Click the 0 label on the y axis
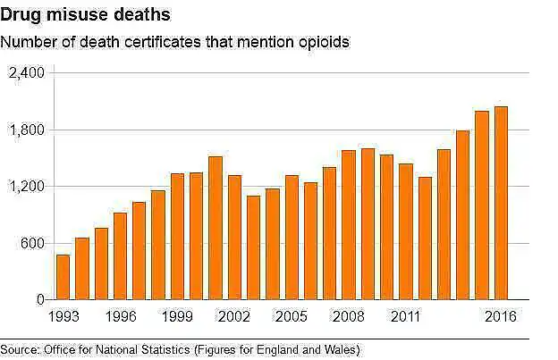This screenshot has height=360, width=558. click(39, 300)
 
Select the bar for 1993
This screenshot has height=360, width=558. click(63, 278)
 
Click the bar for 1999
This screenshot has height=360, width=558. click(177, 237)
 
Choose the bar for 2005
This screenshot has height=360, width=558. click(292, 238)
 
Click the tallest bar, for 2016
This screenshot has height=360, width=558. click(501, 204)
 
